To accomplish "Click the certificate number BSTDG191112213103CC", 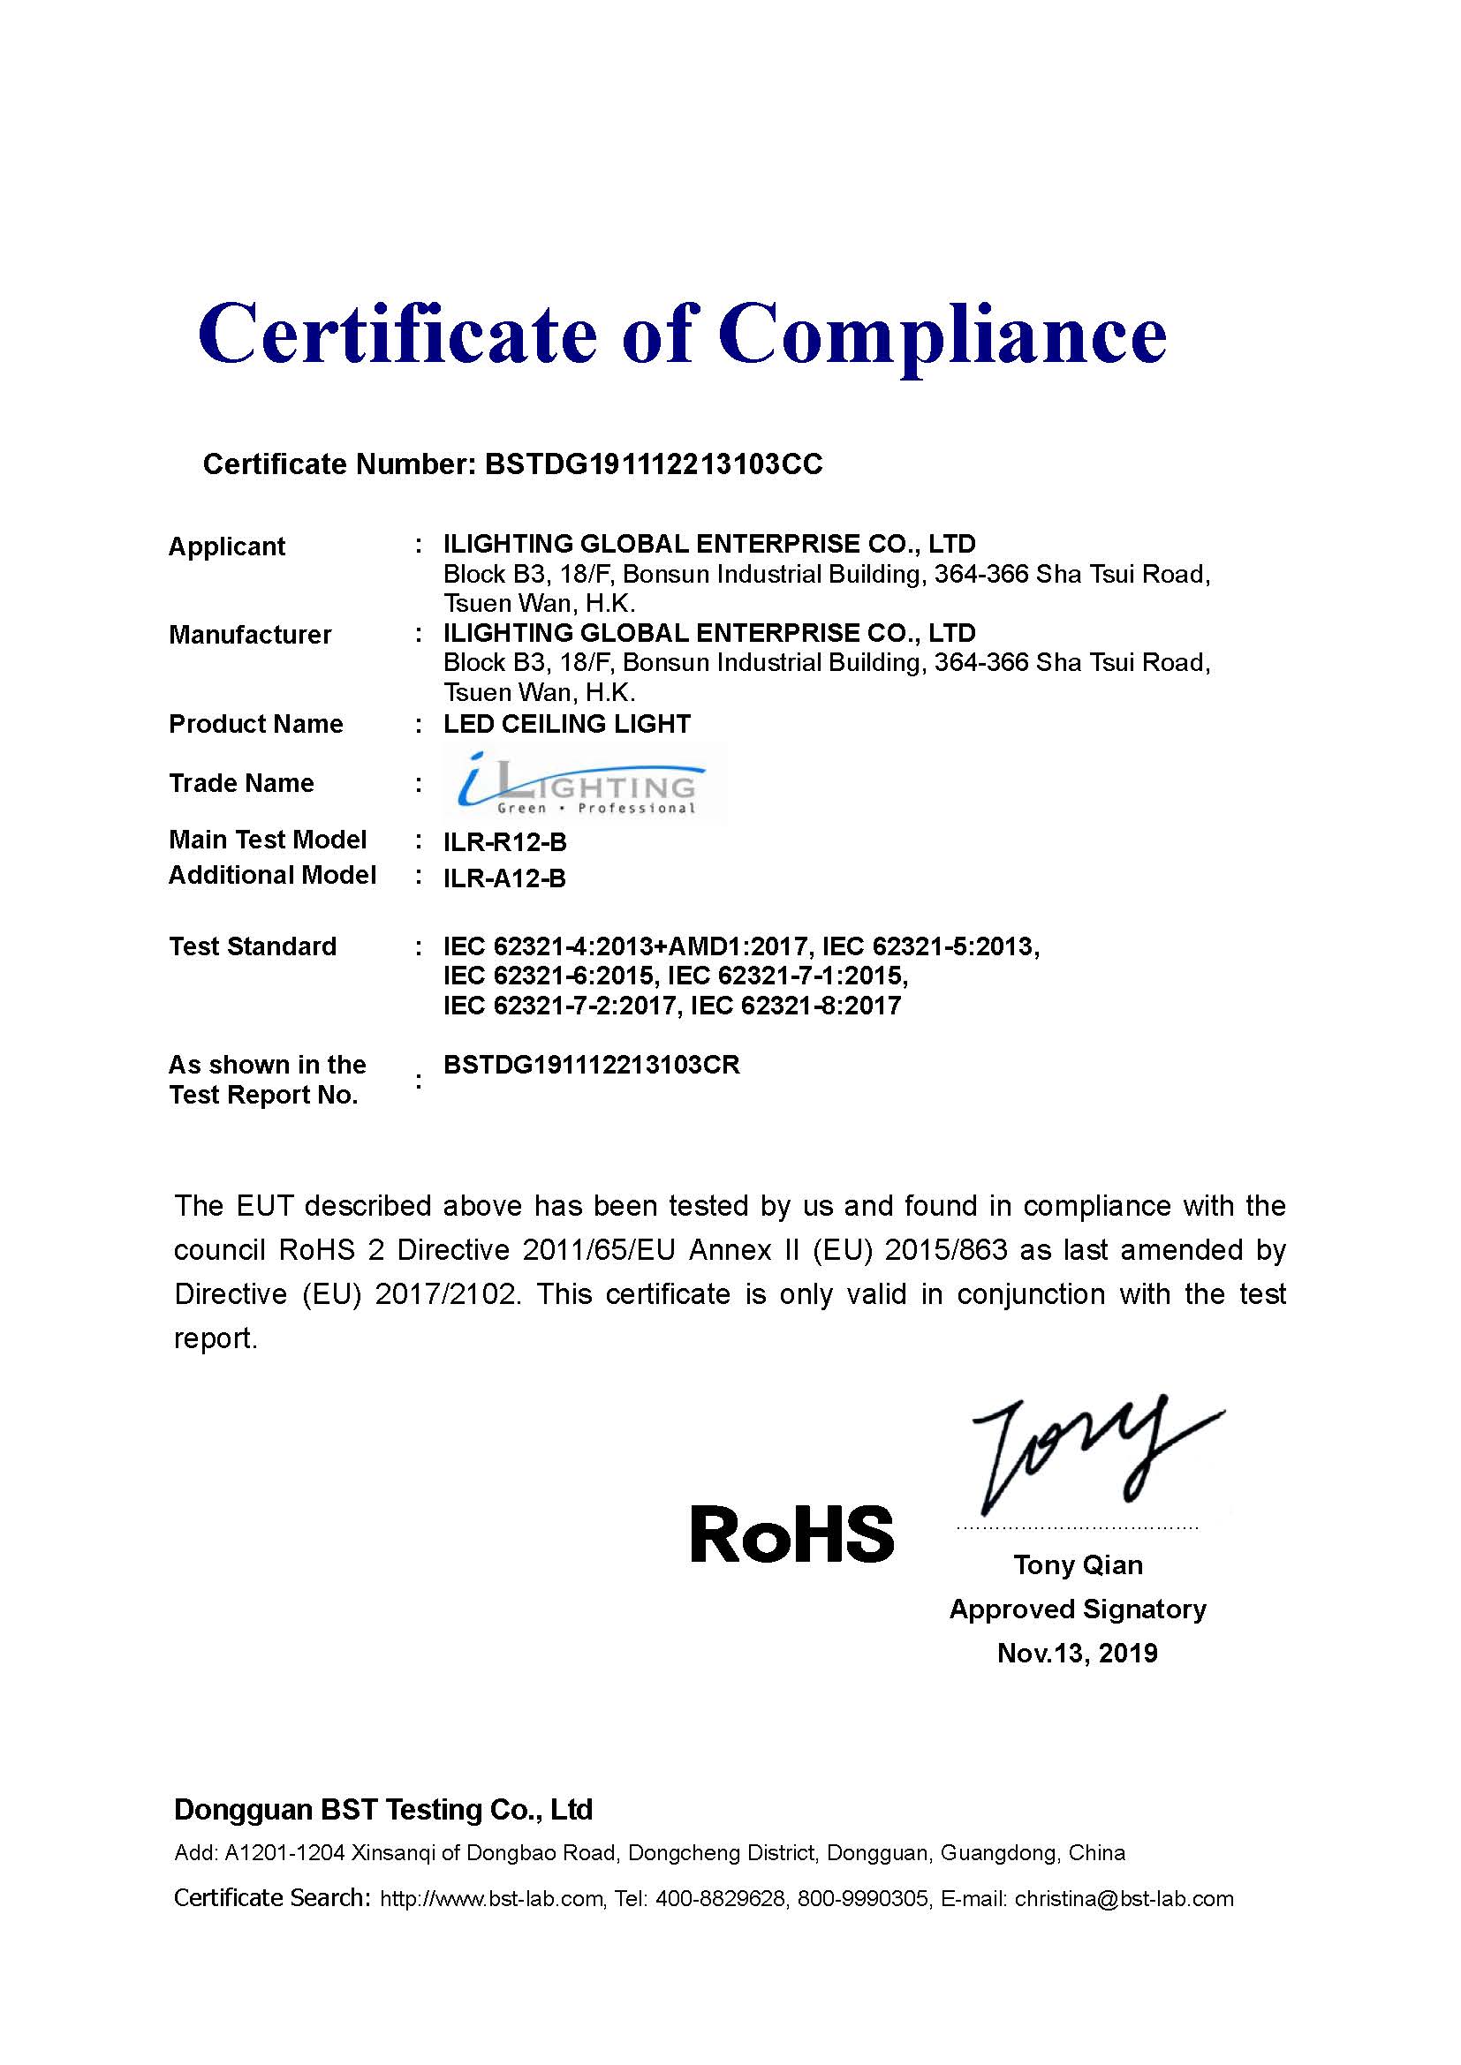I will (x=653, y=464).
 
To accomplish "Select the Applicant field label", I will (x=227, y=546).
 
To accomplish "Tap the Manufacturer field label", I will (x=250, y=635).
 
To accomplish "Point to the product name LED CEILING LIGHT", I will (x=567, y=724).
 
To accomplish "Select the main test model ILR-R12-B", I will (x=504, y=842).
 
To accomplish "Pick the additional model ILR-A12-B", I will (x=504, y=878).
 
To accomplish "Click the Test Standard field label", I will (x=253, y=946).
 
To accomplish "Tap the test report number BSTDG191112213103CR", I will (x=591, y=1065).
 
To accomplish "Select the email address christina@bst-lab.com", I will (x=1124, y=1899).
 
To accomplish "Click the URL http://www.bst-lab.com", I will (x=491, y=1899).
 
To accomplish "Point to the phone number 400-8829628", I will (x=720, y=1899).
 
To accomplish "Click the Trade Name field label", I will (x=241, y=783).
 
